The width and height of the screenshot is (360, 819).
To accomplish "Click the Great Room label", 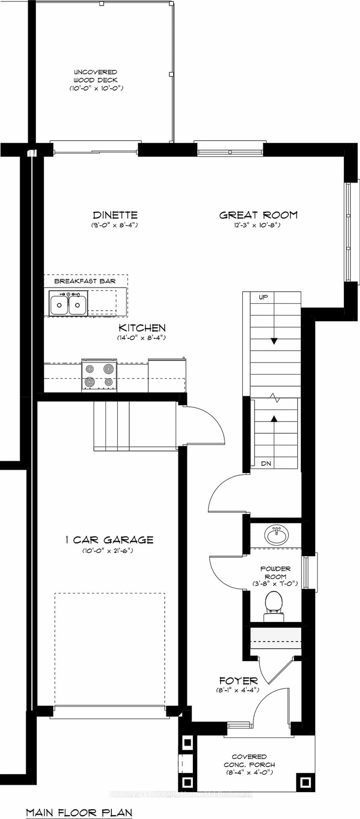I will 258,215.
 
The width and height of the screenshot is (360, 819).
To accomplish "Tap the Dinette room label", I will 115,215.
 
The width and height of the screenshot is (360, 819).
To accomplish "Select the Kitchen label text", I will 142,328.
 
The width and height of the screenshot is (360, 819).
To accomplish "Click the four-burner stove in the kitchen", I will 99,375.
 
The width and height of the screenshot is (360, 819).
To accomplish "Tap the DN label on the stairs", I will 266,464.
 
